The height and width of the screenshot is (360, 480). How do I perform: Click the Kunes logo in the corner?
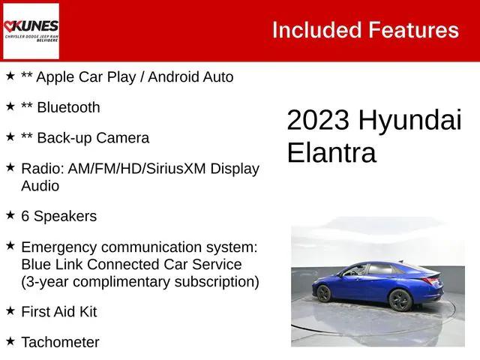(x=31, y=31)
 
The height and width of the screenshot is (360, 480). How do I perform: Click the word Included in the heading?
(x=316, y=30)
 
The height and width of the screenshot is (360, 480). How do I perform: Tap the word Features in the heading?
(x=413, y=30)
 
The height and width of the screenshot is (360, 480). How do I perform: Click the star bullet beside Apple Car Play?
(x=10, y=76)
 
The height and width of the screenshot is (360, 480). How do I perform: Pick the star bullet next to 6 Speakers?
(x=10, y=215)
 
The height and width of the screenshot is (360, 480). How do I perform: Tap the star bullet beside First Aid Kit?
(x=10, y=310)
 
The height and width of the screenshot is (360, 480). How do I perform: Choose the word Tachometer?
(x=60, y=342)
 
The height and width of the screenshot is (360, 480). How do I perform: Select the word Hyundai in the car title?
(x=409, y=121)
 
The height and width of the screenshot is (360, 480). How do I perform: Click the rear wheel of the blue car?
(x=324, y=294)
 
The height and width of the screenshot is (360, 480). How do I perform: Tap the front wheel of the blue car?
(x=399, y=300)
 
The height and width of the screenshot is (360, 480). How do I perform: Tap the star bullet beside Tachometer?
(x=10, y=341)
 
